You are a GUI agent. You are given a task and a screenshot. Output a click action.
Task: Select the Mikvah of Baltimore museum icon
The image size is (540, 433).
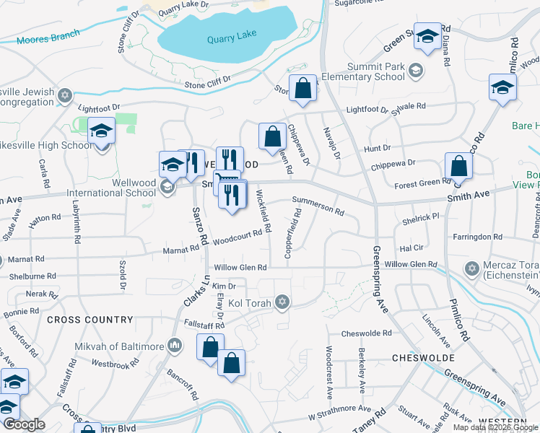click(173, 346)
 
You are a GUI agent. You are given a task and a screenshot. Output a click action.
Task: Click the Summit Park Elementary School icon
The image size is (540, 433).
click(414, 70)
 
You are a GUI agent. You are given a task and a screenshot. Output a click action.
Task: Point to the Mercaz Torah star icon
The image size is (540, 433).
click(472, 268)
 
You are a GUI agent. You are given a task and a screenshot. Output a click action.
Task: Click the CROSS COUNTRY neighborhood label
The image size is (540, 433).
click(90, 319)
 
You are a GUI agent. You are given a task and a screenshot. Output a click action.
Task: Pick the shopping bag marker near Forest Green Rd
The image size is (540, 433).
click(458, 166)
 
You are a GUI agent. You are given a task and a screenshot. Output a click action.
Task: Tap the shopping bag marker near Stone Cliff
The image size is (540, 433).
click(302, 88)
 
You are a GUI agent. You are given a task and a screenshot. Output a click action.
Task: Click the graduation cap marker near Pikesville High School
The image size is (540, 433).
click(101, 131)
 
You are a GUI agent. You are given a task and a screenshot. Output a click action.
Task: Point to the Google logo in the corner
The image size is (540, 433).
click(23, 424)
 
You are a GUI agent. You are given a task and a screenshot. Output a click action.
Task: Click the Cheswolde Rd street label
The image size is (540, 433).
click(366, 333)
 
